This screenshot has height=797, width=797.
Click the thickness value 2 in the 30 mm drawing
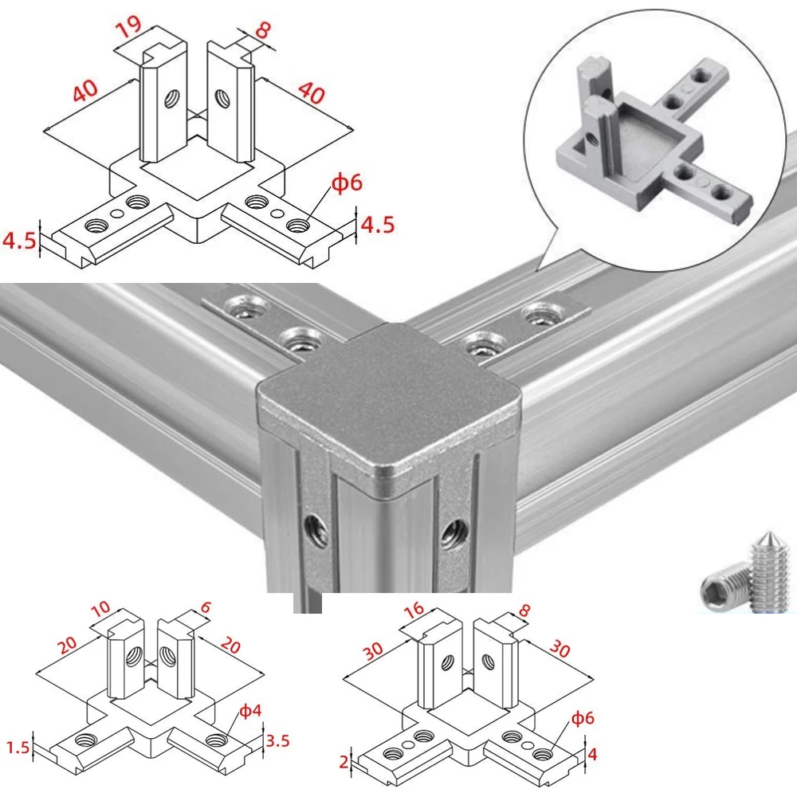tap(344, 762)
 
